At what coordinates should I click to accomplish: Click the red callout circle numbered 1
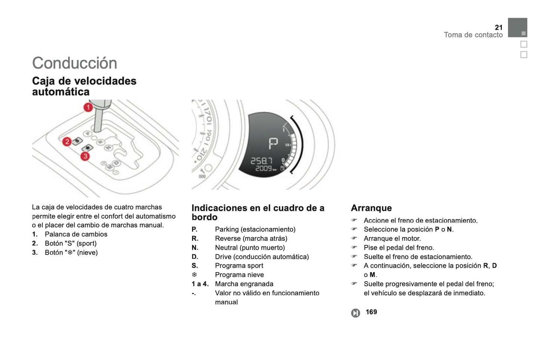point(88,108)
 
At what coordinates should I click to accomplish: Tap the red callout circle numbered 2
point(67,142)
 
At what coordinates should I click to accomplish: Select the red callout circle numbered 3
point(85,156)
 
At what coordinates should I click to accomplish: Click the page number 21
point(499,27)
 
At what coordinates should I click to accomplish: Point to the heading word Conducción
point(74,63)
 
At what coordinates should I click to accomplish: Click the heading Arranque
point(371,208)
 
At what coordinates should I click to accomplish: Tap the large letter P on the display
point(273,144)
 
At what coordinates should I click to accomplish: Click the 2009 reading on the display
point(264,169)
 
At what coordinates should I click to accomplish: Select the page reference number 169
point(371,312)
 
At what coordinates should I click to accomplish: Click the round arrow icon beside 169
point(355,313)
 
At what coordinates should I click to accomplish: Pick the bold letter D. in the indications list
point(195,256)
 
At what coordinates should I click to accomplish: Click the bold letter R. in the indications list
point(195,239)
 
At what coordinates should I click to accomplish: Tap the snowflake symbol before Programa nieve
point(194,275)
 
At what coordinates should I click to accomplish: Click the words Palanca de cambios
point(76,234)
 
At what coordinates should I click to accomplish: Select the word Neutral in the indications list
point(226,247)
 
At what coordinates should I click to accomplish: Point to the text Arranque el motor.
point(392,239)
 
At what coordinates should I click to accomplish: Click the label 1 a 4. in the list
point(200,284)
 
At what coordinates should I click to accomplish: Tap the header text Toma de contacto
point(473,35)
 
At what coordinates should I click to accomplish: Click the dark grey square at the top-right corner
point(517,27)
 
